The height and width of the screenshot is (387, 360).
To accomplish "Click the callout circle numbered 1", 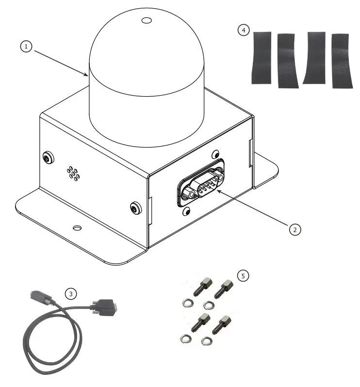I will point(25,47).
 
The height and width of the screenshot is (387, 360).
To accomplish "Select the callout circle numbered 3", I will point(71,293).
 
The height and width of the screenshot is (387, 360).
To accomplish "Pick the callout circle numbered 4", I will point(243,30).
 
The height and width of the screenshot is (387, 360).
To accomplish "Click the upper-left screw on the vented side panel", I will point(47,157).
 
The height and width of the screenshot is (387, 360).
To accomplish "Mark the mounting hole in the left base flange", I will point(77,227).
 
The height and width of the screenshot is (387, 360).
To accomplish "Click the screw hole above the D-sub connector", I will point(214,155).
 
